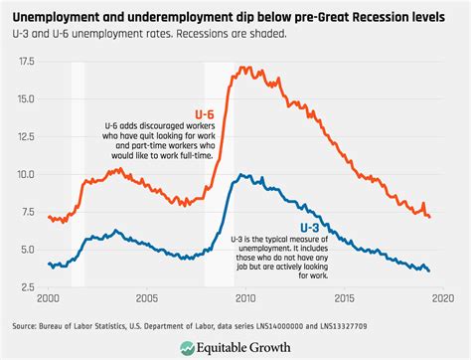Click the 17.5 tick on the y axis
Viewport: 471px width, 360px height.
tap(27, 62)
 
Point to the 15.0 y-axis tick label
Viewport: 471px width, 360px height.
tap(27, 99)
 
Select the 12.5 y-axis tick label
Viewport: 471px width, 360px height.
tap(27, 136)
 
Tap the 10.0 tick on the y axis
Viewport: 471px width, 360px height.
tap(27, 174)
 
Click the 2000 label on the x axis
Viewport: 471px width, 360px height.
tap(49, 298)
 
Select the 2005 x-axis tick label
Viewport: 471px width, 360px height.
tap(146, 298)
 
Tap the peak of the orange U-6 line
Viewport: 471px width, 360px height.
tap(240, 68)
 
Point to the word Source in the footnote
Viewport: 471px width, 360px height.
tap(26, 325)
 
